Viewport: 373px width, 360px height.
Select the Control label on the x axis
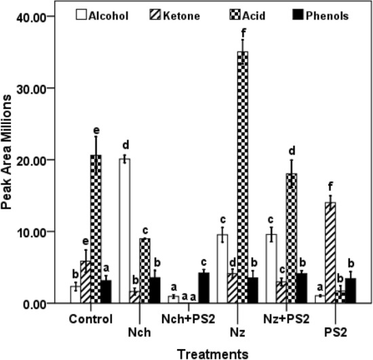[90, 317]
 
